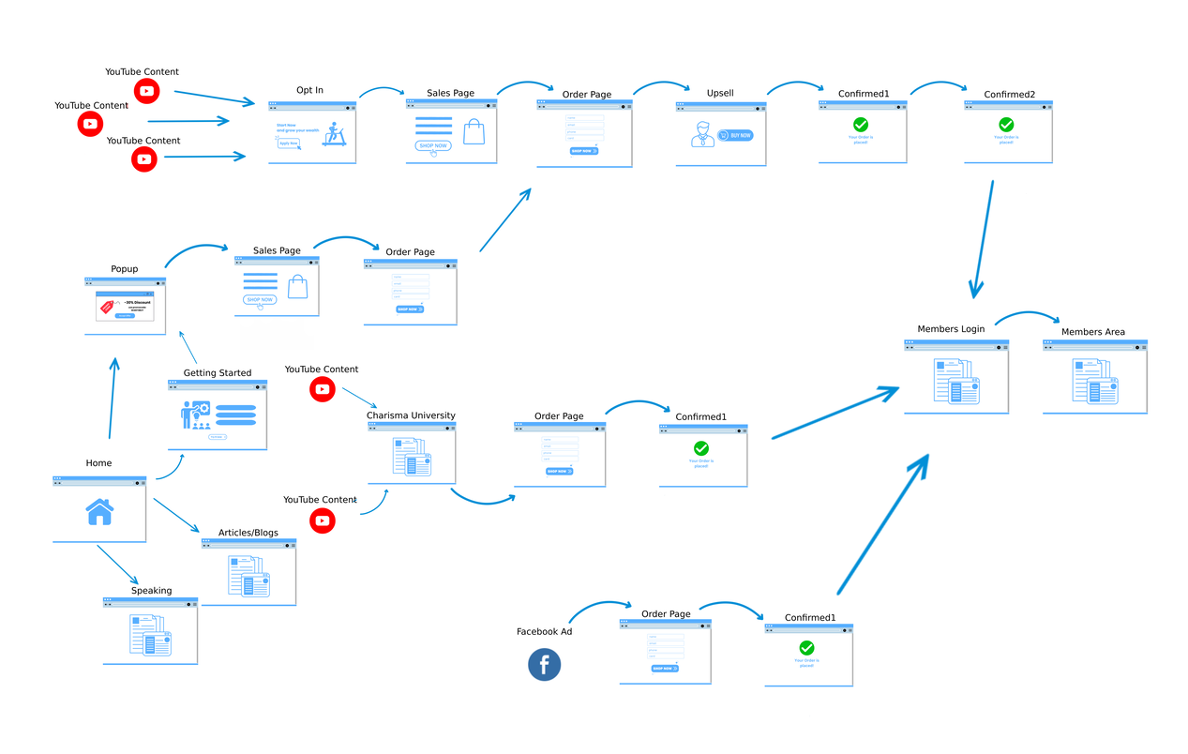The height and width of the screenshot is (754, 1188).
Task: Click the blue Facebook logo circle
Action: point(544,665)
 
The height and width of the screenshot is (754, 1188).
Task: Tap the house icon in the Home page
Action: point(99,512)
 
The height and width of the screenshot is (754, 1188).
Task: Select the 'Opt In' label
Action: point(309,90)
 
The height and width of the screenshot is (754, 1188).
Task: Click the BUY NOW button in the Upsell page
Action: point(735,135)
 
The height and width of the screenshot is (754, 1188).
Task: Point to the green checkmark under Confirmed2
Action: point(1006,124)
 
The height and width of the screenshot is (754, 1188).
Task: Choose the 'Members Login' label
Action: point(951,329)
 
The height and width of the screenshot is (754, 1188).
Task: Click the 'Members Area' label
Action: point(1092,332)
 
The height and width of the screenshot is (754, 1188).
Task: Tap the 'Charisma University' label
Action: point(411,415)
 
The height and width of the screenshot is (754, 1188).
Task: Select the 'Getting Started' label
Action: point(217,373)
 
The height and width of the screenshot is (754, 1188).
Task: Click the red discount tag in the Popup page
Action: point(107,306)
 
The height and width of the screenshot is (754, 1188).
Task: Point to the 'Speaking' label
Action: point(151,591)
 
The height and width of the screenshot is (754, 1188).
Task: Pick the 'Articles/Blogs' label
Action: point(248,533)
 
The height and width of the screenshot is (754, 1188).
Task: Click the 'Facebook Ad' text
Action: point(544,632)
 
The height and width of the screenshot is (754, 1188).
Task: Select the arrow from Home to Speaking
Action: point(118,565)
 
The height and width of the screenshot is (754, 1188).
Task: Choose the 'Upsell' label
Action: point(720,94)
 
